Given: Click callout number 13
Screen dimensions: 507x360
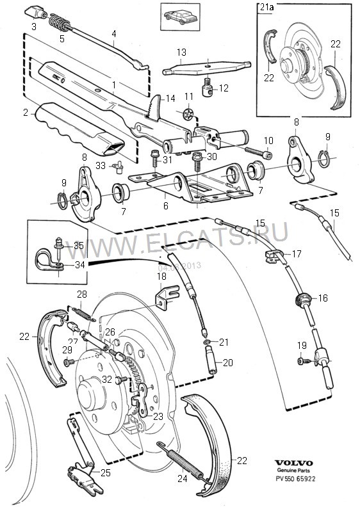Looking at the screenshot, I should tap(181, 51).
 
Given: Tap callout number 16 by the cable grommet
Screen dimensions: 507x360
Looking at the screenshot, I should tap(322, 298).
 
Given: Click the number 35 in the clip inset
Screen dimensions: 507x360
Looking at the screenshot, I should tap(78, 245).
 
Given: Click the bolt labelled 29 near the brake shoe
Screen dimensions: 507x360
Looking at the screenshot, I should tap(67, 362).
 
